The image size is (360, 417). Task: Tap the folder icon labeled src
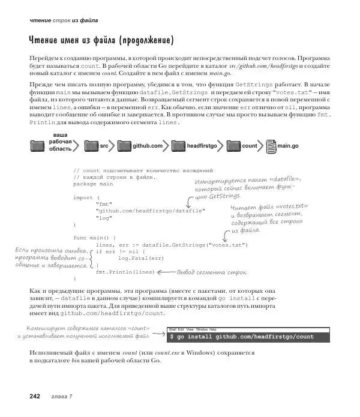91,146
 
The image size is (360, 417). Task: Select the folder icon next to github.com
124,146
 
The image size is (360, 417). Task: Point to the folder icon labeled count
234,146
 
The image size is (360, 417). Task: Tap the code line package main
93,184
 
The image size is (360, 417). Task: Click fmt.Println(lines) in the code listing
125,272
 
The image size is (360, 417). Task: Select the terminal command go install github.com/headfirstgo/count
246,337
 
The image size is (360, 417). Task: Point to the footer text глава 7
62,396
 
